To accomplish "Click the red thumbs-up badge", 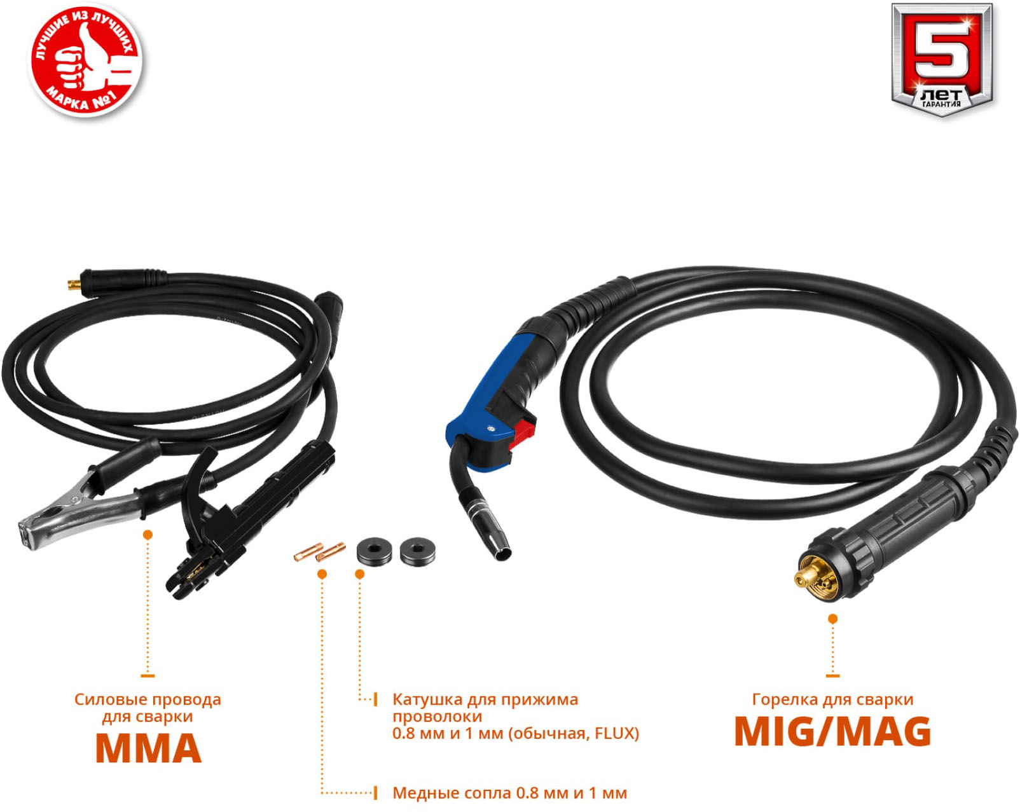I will (86, 62).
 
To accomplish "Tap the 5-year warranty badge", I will (941, 59).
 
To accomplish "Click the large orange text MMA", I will (148, 748).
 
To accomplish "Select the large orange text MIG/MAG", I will (832, 732).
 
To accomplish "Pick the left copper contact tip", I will (308, 552).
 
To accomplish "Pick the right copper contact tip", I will (331, 551).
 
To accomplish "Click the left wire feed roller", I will (374, 551).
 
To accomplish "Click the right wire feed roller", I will (418, 551).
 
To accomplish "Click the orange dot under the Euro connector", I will (832, 619).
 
